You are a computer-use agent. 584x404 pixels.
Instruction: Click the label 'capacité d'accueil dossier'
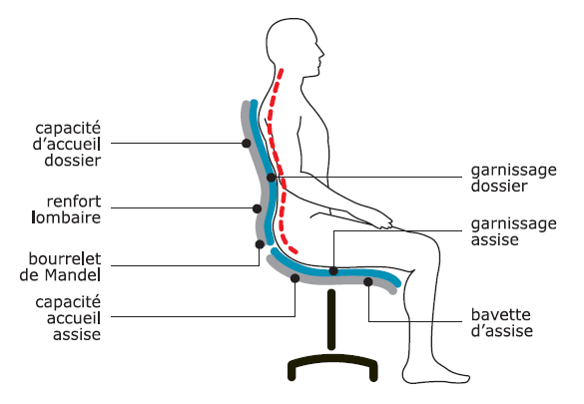(67, 144)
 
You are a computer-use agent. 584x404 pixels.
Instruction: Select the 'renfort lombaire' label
(66, 209)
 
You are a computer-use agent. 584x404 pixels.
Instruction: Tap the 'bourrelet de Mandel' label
(60, 266)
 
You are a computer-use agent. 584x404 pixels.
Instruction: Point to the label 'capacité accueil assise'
(68, 318)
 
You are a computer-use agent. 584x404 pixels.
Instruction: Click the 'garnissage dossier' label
(513, 178)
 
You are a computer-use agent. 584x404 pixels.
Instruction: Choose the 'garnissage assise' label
(513, 231)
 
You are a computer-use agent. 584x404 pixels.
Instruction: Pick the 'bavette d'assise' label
(502, 322)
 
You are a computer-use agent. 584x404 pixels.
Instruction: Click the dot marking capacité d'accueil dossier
(247, 143)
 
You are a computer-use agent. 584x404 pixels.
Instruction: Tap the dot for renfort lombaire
(257, 208)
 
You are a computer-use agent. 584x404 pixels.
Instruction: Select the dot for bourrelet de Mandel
(260, 244)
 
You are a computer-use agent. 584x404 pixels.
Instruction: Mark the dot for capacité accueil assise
(294, 278)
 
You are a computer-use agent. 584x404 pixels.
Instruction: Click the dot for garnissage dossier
(272, 178)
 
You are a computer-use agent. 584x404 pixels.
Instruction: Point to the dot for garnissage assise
(333, 271)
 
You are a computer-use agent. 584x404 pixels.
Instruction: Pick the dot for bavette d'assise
(368, 282)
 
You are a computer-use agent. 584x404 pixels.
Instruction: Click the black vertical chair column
(331, 319)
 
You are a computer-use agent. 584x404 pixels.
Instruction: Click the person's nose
(321, 53)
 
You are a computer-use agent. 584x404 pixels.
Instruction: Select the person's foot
(436, 372)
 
